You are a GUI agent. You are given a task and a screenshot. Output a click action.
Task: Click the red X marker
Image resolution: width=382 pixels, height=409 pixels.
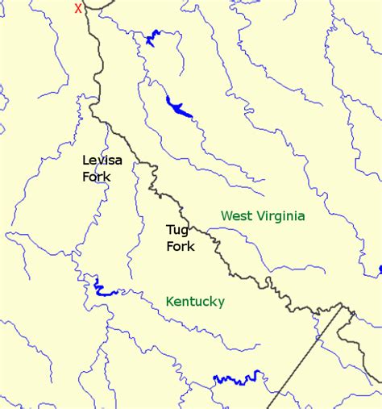(x=78, y=8)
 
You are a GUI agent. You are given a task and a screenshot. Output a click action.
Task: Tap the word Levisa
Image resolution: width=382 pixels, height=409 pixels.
(x=102, y=161)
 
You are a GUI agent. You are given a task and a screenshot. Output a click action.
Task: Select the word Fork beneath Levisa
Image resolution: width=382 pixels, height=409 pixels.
(x=96, y=176)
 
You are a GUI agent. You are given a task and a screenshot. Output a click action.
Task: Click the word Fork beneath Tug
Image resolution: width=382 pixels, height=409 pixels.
(x=180, y=247)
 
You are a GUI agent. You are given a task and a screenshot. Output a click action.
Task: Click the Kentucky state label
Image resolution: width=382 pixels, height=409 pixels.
(x=195, y=302)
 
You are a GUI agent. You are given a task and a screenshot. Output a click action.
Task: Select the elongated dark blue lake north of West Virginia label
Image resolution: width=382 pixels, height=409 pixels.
(x=179, y=107)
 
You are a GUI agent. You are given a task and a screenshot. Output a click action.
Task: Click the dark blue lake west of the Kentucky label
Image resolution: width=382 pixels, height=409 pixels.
(x=102, y=288)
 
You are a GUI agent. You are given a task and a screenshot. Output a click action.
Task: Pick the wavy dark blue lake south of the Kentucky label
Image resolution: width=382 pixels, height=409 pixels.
(x=238, y=378)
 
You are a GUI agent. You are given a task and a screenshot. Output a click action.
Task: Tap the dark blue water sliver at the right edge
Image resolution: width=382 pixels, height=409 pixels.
(x=380, y=269)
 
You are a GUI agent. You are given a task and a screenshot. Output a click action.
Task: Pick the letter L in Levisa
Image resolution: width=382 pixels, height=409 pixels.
(x=86, y=161)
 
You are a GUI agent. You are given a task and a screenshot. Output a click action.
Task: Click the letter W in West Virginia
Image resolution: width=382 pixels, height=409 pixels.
(x=226, y=215)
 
